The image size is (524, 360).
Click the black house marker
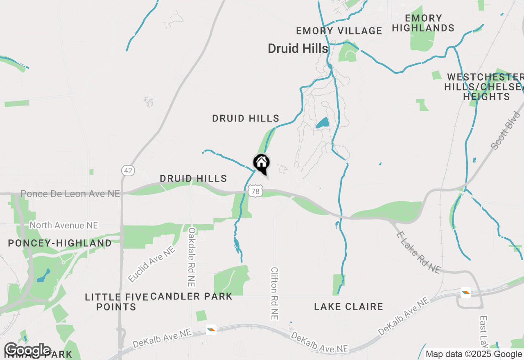262,163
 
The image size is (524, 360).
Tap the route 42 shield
128,170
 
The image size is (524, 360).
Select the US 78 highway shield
255,191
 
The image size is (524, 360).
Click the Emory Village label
339,31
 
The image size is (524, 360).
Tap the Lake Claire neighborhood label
348,306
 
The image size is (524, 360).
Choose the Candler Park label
191,296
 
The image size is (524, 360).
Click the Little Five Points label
116,302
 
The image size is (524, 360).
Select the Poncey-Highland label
60,243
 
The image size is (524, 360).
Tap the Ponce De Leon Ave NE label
70,193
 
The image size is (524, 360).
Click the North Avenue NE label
64,225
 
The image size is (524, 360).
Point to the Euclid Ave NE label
151,264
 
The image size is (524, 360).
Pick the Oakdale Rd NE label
192,257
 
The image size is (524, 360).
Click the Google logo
27,350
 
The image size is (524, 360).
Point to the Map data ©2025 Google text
474,354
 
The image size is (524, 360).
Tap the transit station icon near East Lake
465,292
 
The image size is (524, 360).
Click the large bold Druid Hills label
298,49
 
